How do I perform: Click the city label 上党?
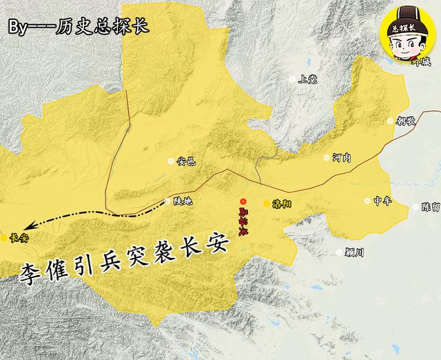[307, 79]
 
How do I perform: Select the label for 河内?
[341, 158]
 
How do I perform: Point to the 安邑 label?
[186, 162]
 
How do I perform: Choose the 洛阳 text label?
[283, 204]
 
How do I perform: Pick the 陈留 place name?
[430, 207]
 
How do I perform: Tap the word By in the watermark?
[19, 28]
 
